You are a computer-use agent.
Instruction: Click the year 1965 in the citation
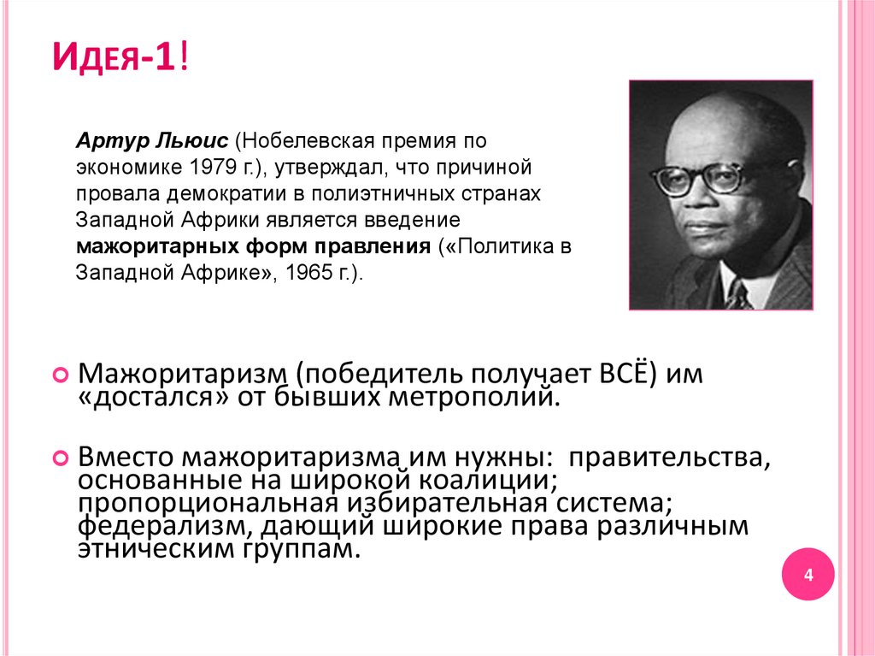(309, 275)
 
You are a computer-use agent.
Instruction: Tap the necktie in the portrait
(737, 294)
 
